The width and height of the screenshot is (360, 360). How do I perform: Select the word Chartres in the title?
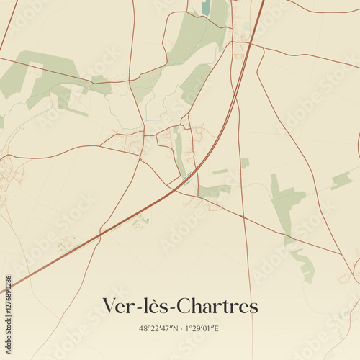tap(216, 306)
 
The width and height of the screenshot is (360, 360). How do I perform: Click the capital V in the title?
tap(109, 306)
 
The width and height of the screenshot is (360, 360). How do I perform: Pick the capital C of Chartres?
tap(181, 306)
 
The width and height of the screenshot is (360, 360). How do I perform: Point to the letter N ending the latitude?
tap(176, 328)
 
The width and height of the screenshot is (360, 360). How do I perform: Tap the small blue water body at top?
tap(207, 8)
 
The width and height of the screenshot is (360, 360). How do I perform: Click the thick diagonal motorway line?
tap(144, 210)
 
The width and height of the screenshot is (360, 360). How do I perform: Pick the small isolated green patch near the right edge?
tap(341, 179)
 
